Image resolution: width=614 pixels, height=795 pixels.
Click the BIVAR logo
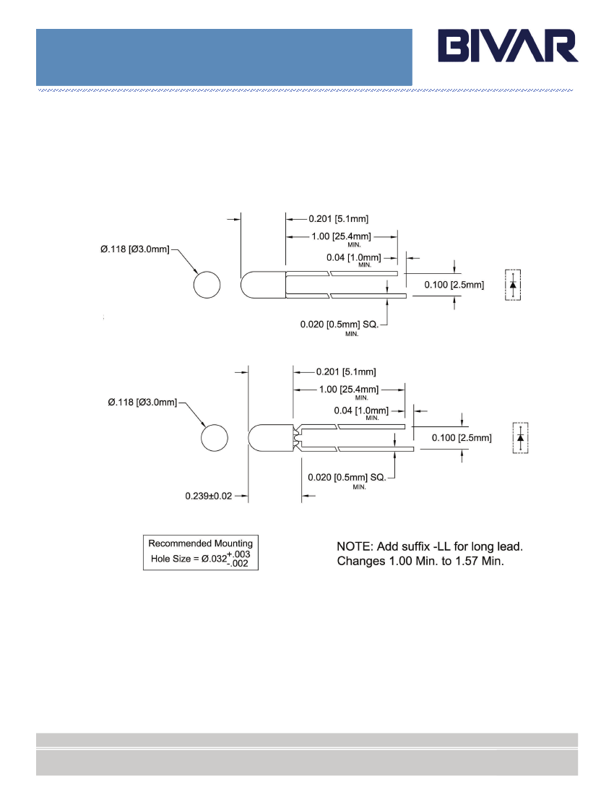tap(508, 46)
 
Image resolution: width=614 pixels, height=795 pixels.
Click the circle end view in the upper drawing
tap(207, 285)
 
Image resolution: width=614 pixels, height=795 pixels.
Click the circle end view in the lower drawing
tap(215, 437)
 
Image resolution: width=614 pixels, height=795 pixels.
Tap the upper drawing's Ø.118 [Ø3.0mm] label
tap(135, 249)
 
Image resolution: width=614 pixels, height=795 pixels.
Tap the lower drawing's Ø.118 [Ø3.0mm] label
tap(142, 402)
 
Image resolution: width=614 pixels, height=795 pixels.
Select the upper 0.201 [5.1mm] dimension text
tap(338, 218)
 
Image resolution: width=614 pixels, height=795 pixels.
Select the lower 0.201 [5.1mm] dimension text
tap(346, 371)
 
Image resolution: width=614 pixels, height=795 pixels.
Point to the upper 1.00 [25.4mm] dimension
tap(341, 236)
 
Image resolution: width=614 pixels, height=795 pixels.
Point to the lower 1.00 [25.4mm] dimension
tap(349, 390)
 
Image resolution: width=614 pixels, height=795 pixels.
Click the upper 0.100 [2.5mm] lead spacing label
tap(454, 285)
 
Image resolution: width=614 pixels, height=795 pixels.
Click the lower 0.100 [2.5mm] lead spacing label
tap(462, 437)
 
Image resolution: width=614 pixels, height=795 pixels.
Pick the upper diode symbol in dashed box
tap(513, 285)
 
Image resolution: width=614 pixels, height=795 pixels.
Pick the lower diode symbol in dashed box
tap(520, 438)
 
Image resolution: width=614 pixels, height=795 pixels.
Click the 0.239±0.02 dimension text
tap(208, 496)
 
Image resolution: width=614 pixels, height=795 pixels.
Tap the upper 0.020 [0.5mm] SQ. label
tap(340, 324)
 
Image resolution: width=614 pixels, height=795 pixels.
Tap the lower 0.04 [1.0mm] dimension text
tap(361, 411)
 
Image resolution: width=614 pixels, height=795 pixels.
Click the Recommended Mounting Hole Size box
tap(201, 553)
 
